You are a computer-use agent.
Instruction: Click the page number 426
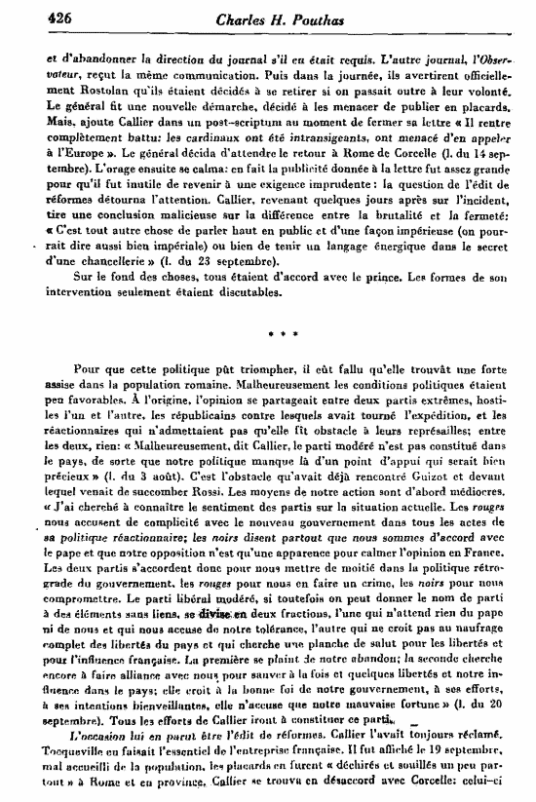32,17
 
